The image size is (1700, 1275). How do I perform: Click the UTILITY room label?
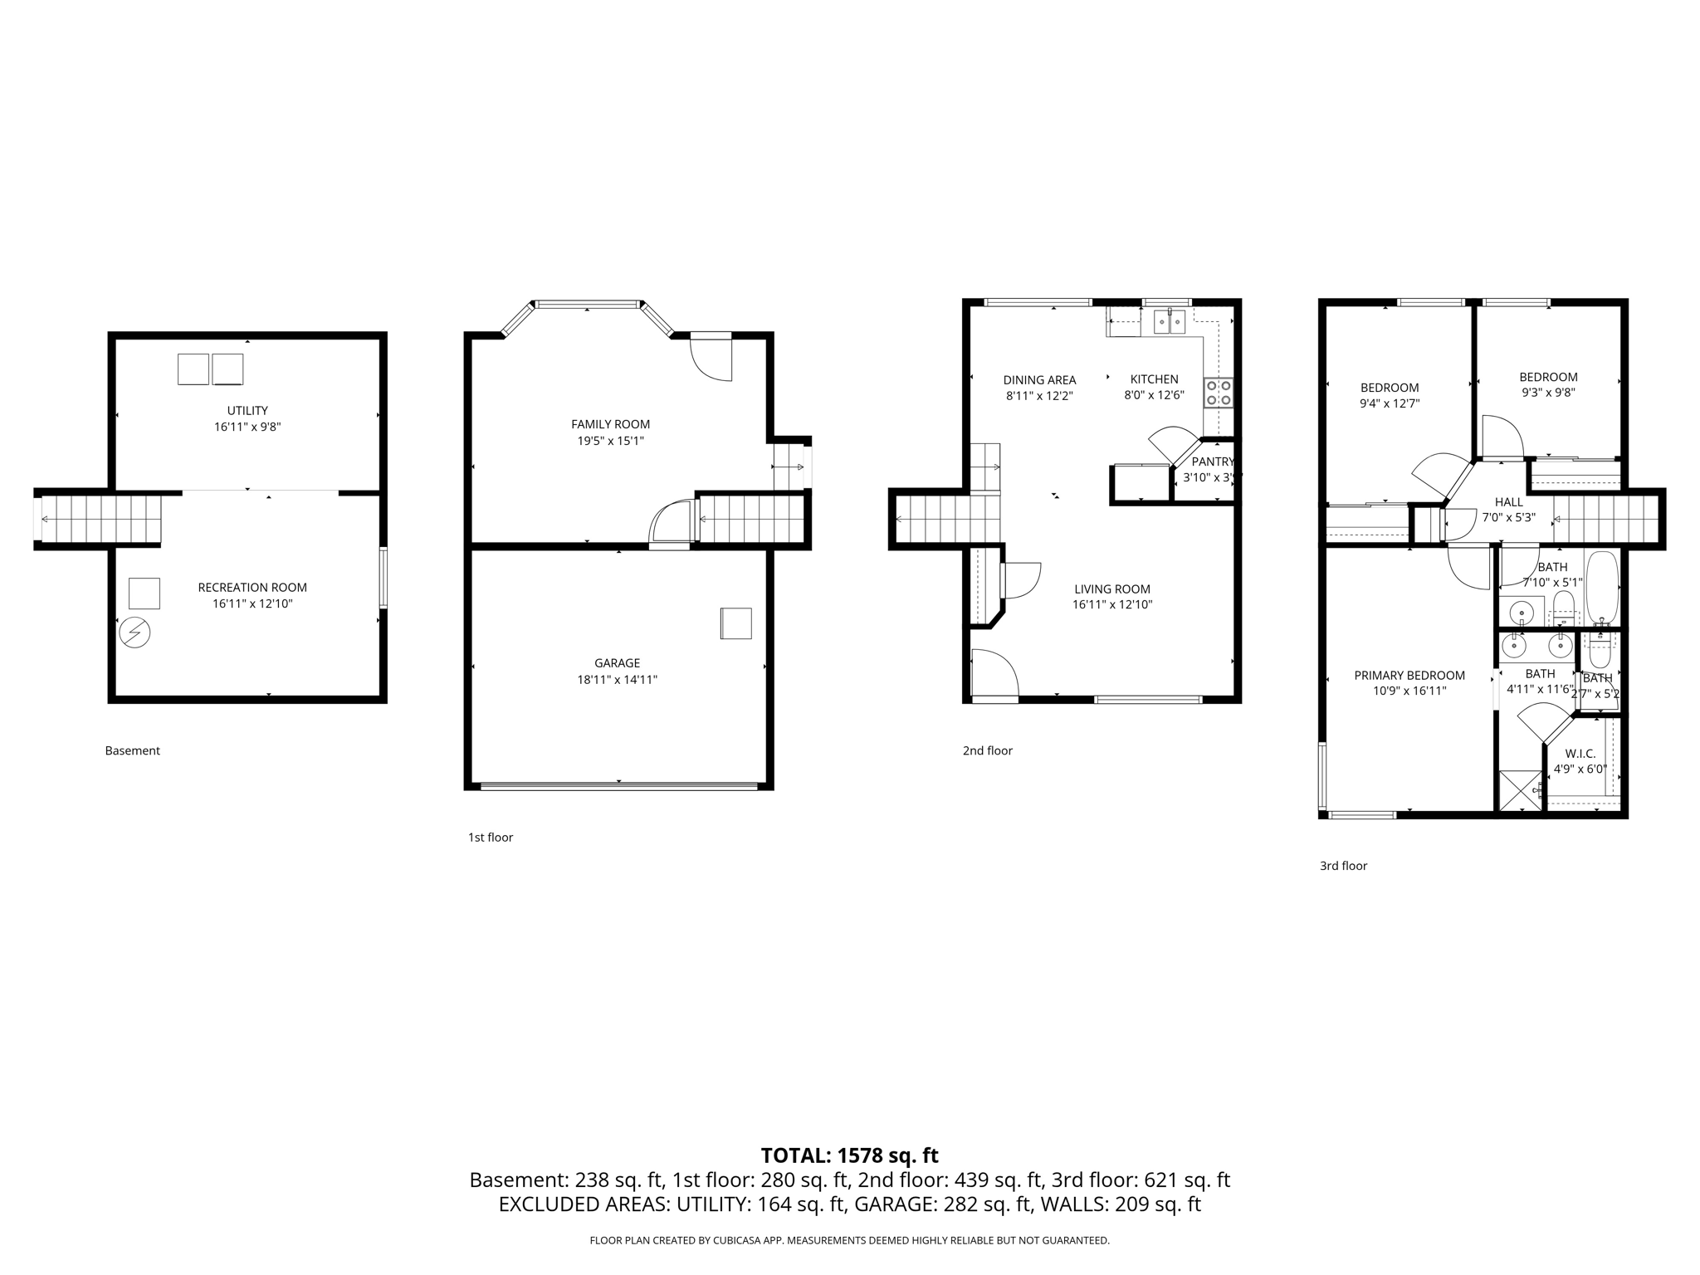tap(247, 410)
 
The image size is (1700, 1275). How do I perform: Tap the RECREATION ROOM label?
tap(252, 587)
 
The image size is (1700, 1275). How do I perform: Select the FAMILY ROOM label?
tap(610, 424)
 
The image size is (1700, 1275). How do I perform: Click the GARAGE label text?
tap(617, 662)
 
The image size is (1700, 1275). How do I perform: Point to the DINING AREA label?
tap(1039, 380)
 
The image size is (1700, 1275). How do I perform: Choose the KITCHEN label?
tap(1154, 379)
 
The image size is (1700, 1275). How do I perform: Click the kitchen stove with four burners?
tap(1219, 393)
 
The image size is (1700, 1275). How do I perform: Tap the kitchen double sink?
tap(1169, 321)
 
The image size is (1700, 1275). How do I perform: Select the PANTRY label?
tap(1213, 462)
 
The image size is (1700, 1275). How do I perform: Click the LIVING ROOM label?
tap(1111, 589)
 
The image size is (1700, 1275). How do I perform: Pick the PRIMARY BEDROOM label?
tap(1409, 675)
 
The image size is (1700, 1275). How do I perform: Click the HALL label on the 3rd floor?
tap(1508, 502)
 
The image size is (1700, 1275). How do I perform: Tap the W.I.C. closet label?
tap(1580, 754)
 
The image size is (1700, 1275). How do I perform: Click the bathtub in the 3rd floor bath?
tap(1602, 589)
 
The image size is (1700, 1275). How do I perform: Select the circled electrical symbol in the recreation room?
tap(134, 633)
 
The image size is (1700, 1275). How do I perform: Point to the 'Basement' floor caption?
tap(132, 750)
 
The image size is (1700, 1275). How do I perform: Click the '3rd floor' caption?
tap(1343, 866)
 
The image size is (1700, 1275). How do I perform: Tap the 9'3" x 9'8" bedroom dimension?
tap(1548, 393)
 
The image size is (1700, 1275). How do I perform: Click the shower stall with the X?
tap(1519, 791)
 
